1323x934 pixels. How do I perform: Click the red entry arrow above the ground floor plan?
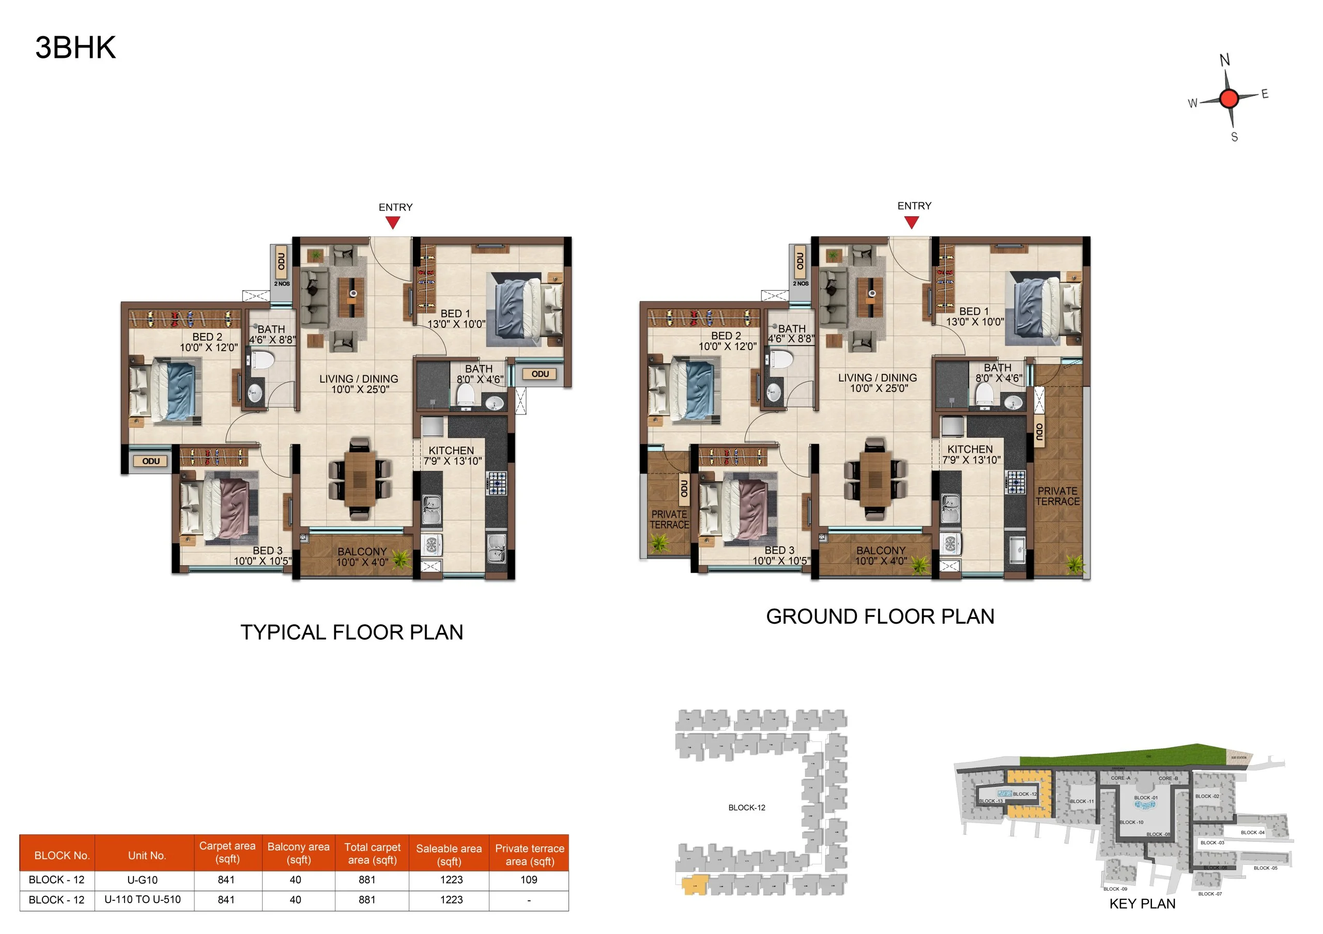(x=911, y=221)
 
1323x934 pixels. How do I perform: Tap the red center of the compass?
(x=1228, y=99)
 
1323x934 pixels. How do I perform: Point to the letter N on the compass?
(x=1224, y=60)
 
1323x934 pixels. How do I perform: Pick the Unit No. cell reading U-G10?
(x=142, y=880)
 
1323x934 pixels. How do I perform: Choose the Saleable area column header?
(x=449, y=854)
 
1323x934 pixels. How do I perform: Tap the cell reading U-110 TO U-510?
(x=142, y=899)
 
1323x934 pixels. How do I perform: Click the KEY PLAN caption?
(x=1142, y=904)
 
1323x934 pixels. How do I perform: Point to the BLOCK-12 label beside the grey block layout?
(x=747, y=808)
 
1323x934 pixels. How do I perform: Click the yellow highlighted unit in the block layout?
(x=695, y=885)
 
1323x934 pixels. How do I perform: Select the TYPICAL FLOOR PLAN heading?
(x=351, y=632)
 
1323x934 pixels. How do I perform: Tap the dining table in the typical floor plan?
(x=360, y=478)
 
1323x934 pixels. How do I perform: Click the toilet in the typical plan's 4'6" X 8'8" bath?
(x=263, y=361)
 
